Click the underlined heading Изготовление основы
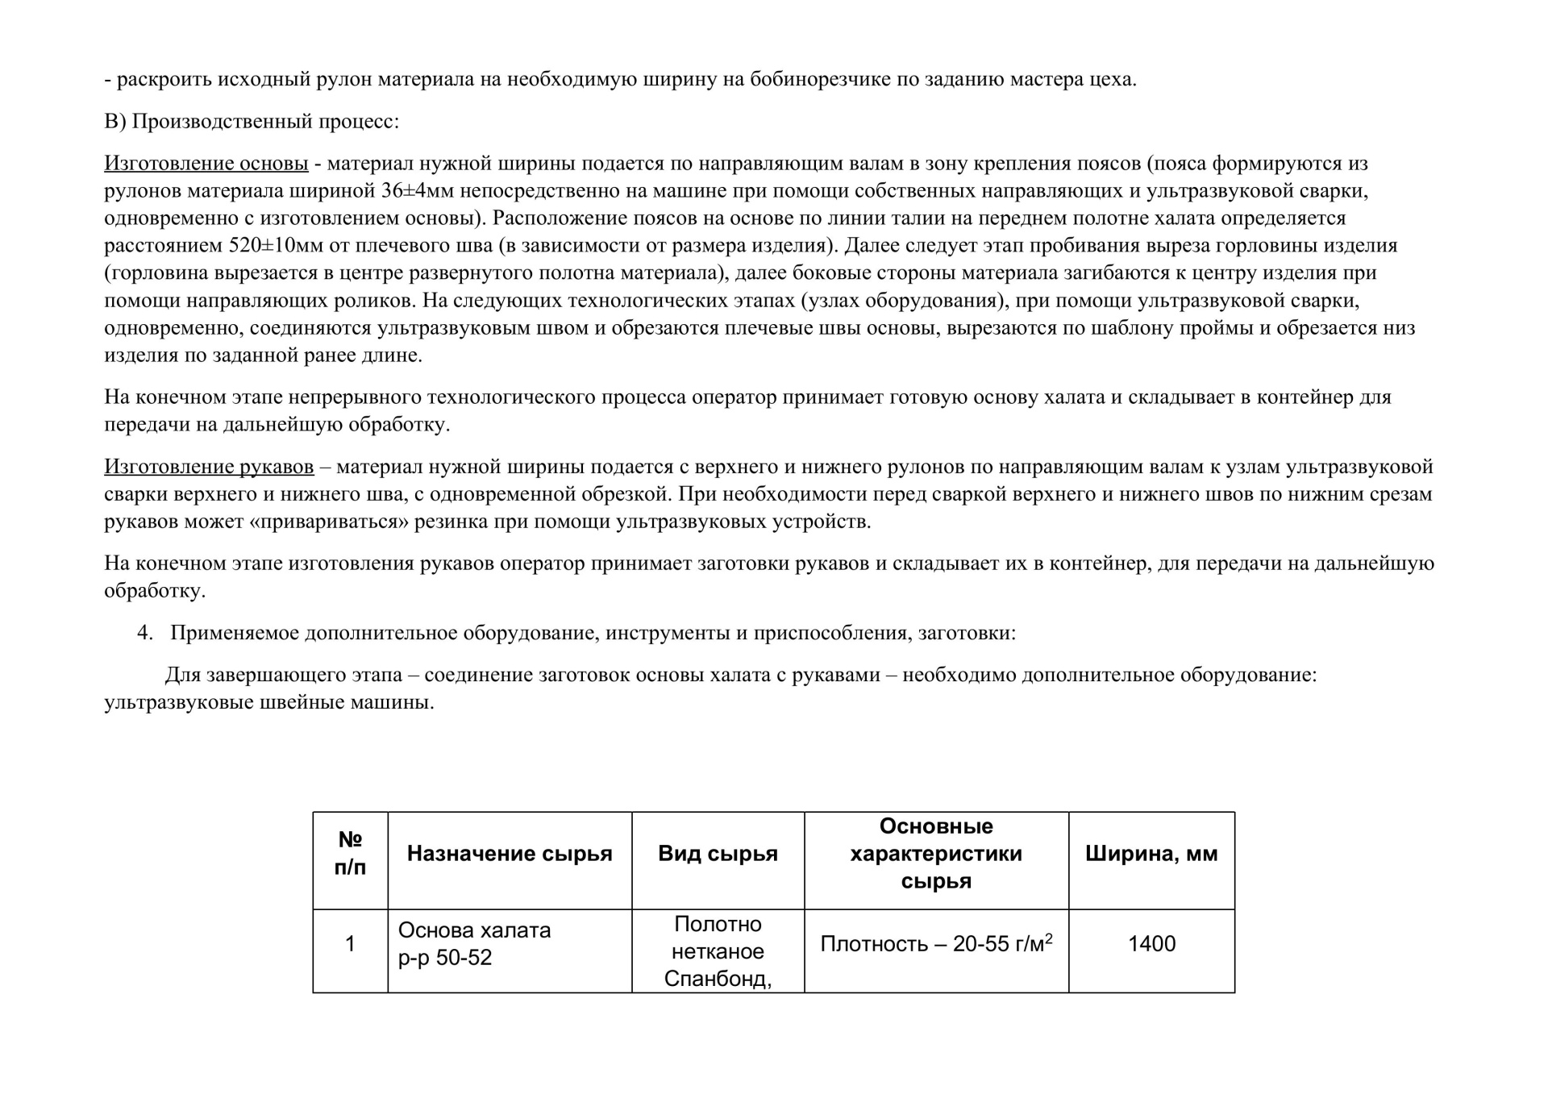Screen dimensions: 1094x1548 point(206,164)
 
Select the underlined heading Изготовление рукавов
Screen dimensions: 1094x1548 point(209,467)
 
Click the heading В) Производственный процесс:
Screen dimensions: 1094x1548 point(252,122)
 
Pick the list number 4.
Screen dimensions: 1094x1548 point(144,633)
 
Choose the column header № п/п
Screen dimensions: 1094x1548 point(350,853)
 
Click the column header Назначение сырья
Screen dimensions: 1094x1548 point(510,854)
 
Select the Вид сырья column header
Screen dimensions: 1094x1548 point(718,854)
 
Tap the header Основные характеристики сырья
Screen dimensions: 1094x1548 point(935,853)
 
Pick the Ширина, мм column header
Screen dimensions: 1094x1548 point(1151,854)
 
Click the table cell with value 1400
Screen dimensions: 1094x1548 point(1151,944)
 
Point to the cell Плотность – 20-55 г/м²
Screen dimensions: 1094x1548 point(935,944)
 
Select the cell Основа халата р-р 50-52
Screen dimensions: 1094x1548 point(474,944)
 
